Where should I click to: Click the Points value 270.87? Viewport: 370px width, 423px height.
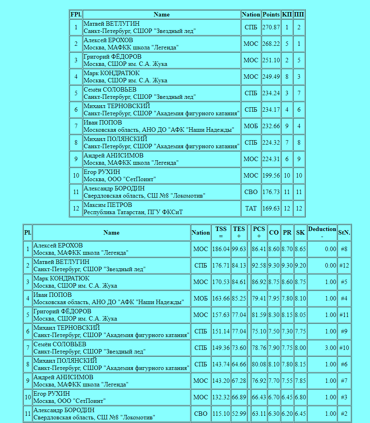pos(271,27)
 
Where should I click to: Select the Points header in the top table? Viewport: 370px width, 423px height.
pos(271,14)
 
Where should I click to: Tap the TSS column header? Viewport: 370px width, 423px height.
pos(221,233)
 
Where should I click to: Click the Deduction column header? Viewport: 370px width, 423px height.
pos(322,233)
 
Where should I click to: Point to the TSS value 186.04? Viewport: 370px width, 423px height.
pos(221,249)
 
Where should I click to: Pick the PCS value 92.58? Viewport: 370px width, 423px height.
pos(259,266)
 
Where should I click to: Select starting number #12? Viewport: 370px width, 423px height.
pos(344,266)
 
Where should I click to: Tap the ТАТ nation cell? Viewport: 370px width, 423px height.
pos(251,208)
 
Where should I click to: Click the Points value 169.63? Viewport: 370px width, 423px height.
pos(271,208)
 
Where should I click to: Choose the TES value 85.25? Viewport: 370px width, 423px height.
pos(239,298)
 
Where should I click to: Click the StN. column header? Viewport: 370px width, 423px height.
pos(344,233)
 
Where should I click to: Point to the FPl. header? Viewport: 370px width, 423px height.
pos(76,14)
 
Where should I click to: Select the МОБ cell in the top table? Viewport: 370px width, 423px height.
pos(251,126)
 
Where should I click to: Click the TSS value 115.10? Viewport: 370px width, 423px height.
pos(221,414)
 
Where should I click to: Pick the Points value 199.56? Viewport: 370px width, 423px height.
pos(271,176)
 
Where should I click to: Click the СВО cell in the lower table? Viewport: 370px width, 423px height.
pos(201,414)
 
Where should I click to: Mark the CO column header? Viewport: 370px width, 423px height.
pos(274,233)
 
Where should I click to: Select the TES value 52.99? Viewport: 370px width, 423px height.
pos(239,414)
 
